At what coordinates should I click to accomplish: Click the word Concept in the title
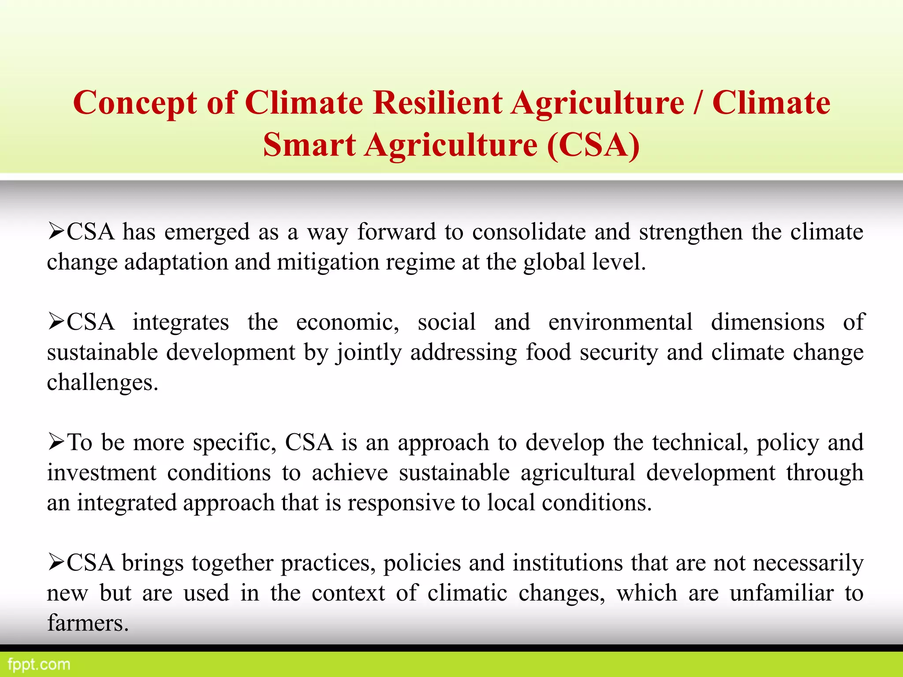click(134, 103)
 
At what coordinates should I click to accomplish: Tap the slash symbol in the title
click(698, 103)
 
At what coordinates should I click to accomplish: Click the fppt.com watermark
click(39, 664)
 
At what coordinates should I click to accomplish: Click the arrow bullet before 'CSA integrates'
click(56, 322)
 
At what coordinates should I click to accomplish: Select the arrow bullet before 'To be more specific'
click(56, 442)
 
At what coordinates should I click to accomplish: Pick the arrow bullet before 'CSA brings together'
click(56, 563)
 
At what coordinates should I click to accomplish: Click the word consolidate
click(529, 232)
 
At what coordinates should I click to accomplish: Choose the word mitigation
click(328, 262)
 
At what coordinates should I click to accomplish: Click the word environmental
click(620, 322)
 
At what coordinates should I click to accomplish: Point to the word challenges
click(102, 383)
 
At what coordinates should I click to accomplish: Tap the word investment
click(102, 472)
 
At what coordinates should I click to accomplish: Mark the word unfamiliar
click(781, 593)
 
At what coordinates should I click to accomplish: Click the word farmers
click(88, 623)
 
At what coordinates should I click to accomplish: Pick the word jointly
click(369, 353)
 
